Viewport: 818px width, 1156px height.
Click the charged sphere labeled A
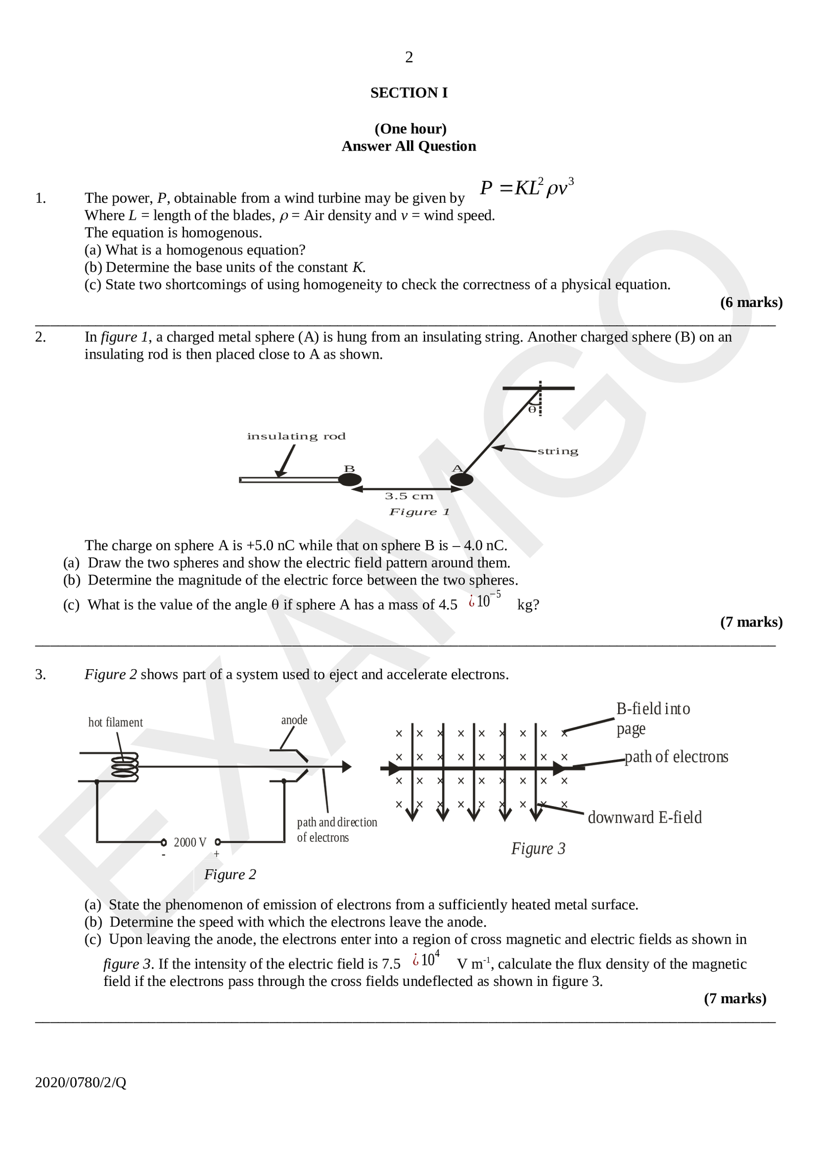click(x=461, y=479)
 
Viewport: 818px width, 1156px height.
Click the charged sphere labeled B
click(x=350, y=479)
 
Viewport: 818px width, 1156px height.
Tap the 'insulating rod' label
click(x=296, y=436)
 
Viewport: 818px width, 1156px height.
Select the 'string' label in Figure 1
click(x=558, y=451)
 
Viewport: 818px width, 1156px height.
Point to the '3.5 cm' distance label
click(x=409, y=496)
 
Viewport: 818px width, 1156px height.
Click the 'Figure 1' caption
click(x=419, y=512)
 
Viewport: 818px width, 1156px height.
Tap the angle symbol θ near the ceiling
click(x=532, y=409)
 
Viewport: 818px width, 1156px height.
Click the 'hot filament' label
click(x=116, y=722)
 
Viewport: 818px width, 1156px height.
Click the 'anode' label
click(x=294, y=720)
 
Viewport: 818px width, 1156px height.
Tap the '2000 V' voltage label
click(x=190, y=842)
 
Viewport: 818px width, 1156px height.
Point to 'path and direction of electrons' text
click(x=336, y=830)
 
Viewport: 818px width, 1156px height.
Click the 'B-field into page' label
click(x=653, y=718)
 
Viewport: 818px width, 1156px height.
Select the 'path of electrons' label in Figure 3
click(x=676, y=757)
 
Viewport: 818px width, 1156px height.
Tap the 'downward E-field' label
click(x=645, y=817)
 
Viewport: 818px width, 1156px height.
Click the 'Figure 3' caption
click(x=538, y=848)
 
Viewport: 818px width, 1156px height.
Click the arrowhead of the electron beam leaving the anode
click(x=347, y=767)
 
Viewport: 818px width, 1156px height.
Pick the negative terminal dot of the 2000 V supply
click(x=164, y=842)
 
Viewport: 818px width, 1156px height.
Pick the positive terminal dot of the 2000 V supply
click(x=218, y=842)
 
